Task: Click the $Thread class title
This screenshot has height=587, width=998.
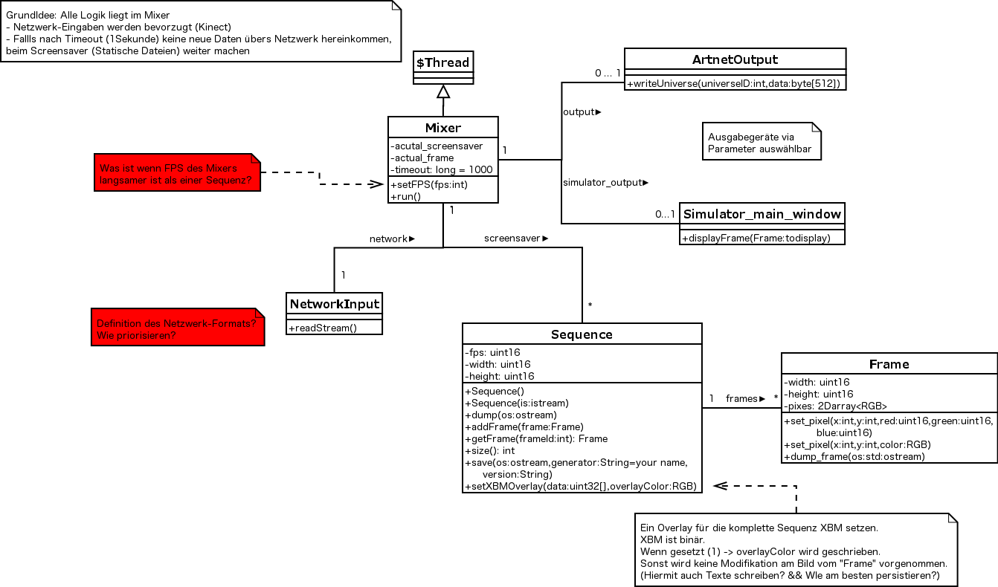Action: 443,62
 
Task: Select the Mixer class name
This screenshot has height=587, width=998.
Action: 443,128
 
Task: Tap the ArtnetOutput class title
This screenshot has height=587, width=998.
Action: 735,59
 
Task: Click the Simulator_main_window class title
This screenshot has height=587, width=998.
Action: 762,215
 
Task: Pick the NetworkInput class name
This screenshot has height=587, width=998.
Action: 334,305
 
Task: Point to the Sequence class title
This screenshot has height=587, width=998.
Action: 582,334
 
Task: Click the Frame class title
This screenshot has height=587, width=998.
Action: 889,365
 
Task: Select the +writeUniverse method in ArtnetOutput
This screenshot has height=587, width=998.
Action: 733,84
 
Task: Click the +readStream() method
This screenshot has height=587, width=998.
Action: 323,328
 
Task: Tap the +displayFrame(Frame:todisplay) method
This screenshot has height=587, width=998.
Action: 756,238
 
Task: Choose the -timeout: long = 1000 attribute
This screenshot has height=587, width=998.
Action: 442,170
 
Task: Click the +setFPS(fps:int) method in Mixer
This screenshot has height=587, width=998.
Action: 429,185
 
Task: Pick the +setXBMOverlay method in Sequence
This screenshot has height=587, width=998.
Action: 581,487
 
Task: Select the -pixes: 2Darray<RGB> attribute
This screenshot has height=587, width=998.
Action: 835,406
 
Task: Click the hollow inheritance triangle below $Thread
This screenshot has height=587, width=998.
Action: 443,91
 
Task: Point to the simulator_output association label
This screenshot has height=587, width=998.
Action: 605,183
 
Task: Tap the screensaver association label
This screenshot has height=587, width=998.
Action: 516,239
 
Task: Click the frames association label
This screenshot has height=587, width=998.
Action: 745,399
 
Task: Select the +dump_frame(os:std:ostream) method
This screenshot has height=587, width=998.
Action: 854,457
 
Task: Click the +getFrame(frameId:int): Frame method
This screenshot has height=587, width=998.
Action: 536,439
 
